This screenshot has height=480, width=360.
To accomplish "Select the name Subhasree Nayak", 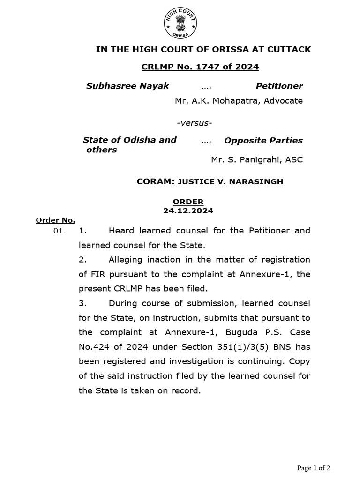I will click(x=127, y=86).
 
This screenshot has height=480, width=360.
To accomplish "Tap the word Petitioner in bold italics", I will click(x=279, y=86).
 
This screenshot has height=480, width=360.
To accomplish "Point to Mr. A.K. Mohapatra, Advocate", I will click(x=239, y=100).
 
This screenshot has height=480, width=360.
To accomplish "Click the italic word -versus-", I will click(x=194, y=123).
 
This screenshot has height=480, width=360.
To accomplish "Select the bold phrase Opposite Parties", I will click(x=263, y=140).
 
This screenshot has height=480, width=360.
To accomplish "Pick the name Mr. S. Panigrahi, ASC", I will click(x=257, y=159).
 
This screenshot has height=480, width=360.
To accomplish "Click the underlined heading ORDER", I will click(x=188, y=202).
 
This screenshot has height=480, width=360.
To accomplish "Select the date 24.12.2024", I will click(x=188, y=210).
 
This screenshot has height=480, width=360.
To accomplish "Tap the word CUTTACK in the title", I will click(x=288, y=49).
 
